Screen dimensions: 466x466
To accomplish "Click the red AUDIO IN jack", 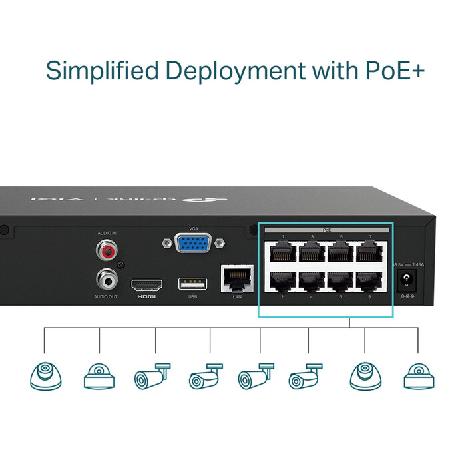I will click(x=105, y=251).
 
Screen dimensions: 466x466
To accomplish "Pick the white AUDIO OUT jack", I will click(x=105, y=276).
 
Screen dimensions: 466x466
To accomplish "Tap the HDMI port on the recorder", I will click(x=146, y=284).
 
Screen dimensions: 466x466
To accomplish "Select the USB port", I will click(x=192, y=284).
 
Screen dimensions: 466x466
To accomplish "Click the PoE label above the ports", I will click(x=327, y=230).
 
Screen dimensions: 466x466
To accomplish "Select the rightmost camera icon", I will click(x=419, y=377).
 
